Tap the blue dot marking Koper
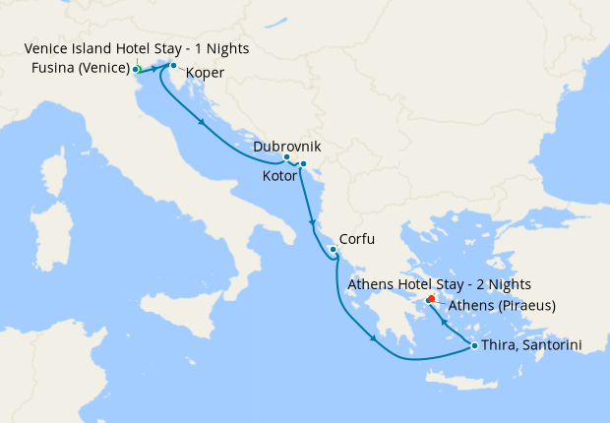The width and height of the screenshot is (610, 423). click(x=173, y=66)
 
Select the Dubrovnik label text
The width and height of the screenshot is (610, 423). click(x=286, y=147)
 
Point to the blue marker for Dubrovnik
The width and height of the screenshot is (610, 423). click(x=286, y=157)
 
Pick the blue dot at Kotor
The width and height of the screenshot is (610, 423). click(x=303, y=163)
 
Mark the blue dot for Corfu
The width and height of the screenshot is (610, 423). click(x=334, y=250)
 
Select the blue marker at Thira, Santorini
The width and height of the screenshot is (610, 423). click(x=474, y=345)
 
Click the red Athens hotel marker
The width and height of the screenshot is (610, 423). click(x=432, y=298)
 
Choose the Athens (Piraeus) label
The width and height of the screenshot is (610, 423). click(x=502, y=306)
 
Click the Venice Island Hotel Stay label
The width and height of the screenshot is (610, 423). click(x=137, y=48)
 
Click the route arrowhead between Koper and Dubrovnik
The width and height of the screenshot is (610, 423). click(x=202, y=123)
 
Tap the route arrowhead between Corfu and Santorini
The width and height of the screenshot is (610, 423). click(x=373, y=340)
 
